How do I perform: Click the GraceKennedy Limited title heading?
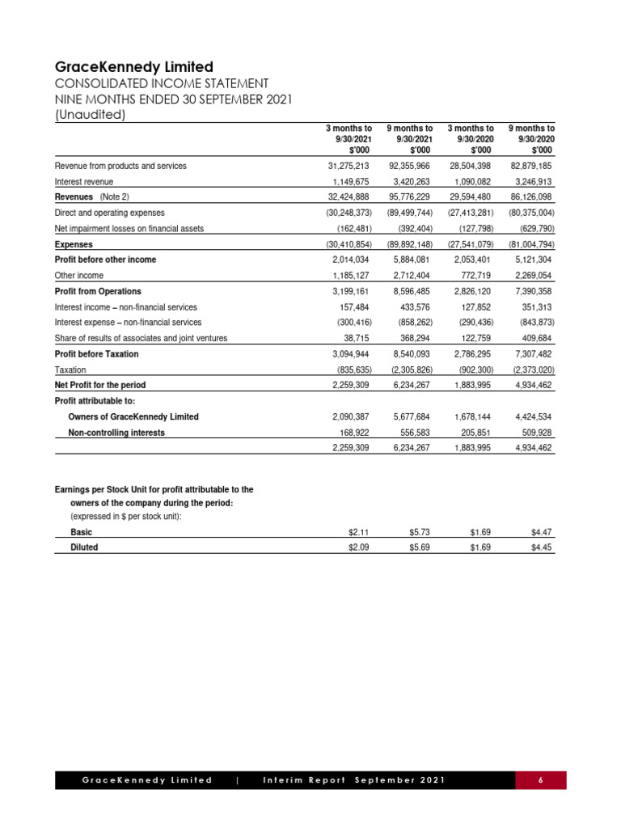133,66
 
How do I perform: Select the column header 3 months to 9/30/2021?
349,139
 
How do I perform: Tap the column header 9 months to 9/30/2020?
530,139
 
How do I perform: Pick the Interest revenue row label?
84,182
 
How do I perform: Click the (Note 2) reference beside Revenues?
114,197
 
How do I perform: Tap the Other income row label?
78,276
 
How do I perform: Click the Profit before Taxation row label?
96,354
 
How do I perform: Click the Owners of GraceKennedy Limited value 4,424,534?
532,416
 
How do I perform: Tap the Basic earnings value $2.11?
358,533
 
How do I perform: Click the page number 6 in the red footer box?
541,780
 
